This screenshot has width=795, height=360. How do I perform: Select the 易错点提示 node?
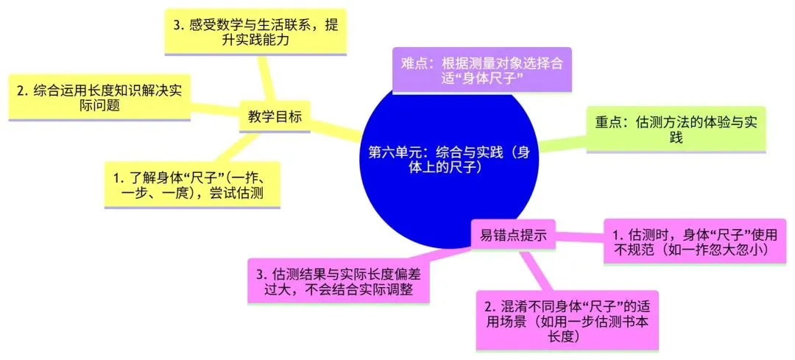[x=513, y=236]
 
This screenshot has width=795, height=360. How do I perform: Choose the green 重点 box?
[x=676, y=130]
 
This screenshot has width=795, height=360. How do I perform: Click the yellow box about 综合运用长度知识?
[x=98, y=98]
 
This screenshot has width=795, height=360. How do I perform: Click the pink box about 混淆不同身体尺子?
[x=567, y=321]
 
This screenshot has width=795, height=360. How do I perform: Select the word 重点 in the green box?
[x=610, y=122]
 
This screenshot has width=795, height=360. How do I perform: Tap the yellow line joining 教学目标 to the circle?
[x=335, y=130]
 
